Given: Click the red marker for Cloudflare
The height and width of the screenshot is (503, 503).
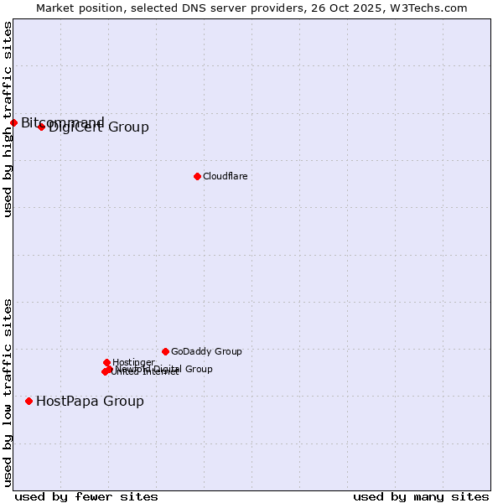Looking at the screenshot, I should [x=197, y=176].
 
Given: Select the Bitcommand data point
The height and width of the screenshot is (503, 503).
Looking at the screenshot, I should [x=13, y=123].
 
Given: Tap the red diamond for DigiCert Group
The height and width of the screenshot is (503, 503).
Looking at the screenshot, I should [x=41, y=127].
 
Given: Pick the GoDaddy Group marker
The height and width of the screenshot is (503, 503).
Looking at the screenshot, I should [x=165, y=351].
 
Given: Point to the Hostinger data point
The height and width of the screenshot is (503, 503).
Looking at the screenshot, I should [x=106, y=362].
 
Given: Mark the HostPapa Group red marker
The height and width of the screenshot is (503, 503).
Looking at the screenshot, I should [x=29, y=401].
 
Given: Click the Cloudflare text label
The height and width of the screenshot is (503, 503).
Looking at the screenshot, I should [x=225, y=176].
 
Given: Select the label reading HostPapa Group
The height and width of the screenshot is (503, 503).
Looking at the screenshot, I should [x=90, y=401].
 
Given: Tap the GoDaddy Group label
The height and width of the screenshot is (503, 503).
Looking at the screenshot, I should [x=205, y=351].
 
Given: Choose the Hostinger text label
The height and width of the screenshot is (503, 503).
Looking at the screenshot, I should [x=133, y=362].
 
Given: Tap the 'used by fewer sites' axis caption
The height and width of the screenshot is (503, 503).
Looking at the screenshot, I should [x=86, y=496].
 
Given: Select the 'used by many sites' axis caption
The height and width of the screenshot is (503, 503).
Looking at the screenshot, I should [x=421, y=496].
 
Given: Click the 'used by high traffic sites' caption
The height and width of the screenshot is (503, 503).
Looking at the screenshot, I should [x=8, y=119].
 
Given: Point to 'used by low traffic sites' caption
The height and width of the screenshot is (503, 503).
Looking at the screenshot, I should [x=8, y=392].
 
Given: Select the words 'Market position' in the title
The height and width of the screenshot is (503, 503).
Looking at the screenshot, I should [x=72, y=8].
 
